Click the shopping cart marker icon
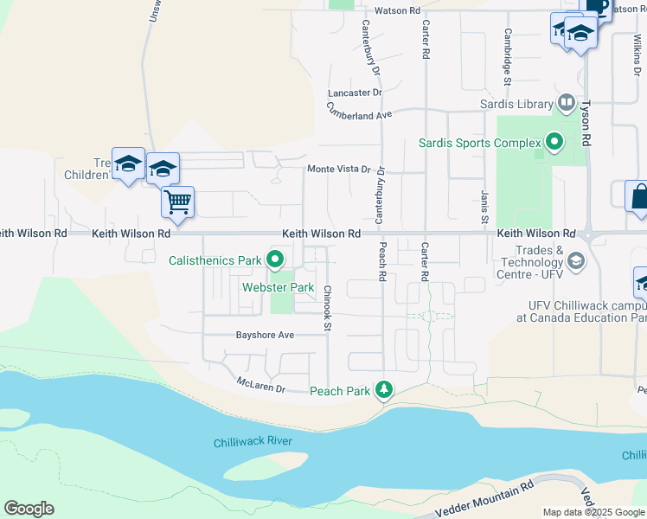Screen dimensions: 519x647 (x=177, y=202)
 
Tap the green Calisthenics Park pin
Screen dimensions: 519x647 (x=276, y=259)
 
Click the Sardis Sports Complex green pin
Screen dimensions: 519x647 (x=554, y=142)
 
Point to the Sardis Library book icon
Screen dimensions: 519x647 (x=566, y=104)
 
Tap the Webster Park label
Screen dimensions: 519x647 (x=278, y=287)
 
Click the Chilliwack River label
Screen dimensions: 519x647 (x=253, y=442)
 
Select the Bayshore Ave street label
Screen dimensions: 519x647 (x=266, y=335)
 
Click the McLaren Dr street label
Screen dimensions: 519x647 (x=261, y=385)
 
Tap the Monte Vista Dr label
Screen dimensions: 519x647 (x=339, y=170)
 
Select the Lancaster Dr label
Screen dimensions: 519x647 (x=355, y=93)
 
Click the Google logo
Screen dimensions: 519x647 (x=29, y=509)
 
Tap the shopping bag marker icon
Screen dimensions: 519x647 (x=638, y=195)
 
